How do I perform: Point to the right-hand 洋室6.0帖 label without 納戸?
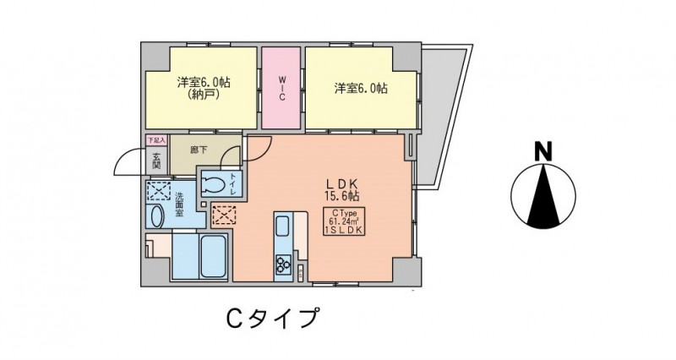361,87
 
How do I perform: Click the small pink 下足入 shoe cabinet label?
156,139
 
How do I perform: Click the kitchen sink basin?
281,226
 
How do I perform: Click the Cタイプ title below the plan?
270,319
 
